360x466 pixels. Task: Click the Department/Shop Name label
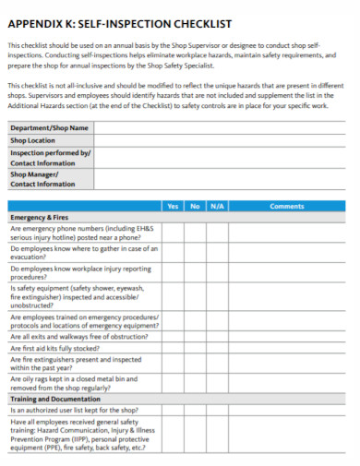click(50, 128)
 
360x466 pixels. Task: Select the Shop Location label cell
click(37, 140)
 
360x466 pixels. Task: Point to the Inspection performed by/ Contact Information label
click(50, 157)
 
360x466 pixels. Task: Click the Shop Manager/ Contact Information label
click(42, 179)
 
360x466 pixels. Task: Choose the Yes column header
click(173, 207)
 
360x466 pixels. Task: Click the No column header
click(195, 207)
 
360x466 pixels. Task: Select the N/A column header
click(217, 207)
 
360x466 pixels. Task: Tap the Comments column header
click(286, 207)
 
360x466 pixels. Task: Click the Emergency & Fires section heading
click(39, 218)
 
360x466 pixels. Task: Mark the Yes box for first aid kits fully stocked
click(173, 350)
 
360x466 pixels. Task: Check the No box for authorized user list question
click(195, 410)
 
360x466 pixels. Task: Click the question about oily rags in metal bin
click(74, 384)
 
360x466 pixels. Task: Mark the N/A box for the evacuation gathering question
click(217, 254)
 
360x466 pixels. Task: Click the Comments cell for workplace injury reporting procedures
click(286, 273)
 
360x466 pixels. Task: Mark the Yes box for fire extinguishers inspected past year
click(173, 364)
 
